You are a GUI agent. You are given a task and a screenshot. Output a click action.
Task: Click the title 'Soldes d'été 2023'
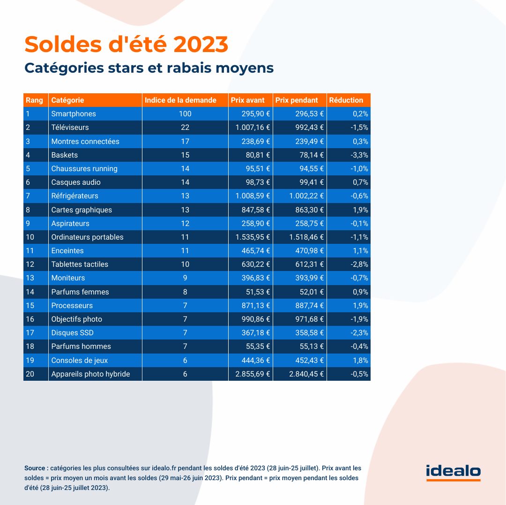click(126, 44)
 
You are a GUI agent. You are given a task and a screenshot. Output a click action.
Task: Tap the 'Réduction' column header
click(346, 100)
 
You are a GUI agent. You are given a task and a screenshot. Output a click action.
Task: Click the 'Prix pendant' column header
click(297, 100)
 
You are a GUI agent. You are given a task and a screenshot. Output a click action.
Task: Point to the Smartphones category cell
click(74, 113)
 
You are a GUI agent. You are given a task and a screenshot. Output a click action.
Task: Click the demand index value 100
click(185, 113)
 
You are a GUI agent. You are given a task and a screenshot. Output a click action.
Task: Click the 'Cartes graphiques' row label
click(82, 210)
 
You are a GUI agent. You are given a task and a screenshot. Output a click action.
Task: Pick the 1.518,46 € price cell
click(307, 237)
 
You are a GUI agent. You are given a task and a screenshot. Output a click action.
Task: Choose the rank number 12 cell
click(30, 264)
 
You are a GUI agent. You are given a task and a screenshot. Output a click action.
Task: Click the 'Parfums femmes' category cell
click(80, 292)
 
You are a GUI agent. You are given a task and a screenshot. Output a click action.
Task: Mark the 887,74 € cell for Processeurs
click(309, 305)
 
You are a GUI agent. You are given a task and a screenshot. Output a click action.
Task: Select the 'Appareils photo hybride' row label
click(90, 374)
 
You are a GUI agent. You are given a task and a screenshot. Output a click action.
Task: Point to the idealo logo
click(453, 472)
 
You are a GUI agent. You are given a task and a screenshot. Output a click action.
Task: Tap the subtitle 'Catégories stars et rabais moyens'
click(149, 68)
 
